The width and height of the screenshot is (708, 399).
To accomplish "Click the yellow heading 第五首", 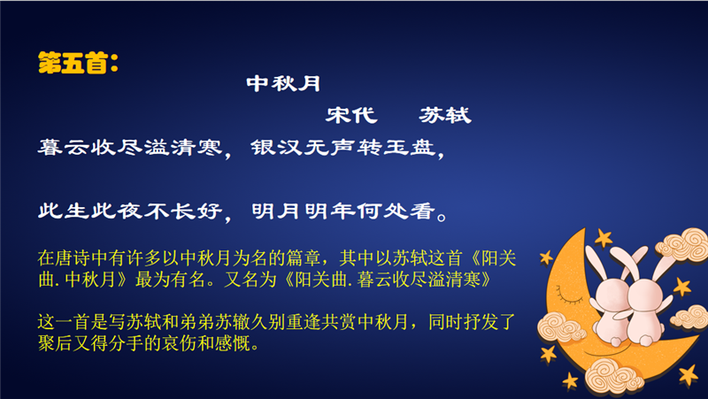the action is pyautogui.click(x=73, y=63).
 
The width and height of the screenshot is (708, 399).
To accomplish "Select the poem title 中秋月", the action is pyautogui.click(x=283, y=84).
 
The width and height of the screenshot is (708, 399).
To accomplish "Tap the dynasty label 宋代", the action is pyautogui.click(x=351, y=115).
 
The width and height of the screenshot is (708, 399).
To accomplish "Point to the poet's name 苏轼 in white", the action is pyautogui.click(x=445, y=115).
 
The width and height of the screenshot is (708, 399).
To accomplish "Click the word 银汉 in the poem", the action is pyautogui.click(x=276, y=148).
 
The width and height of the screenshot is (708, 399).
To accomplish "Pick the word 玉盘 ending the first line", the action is pyautogui.click(x=410, y=148).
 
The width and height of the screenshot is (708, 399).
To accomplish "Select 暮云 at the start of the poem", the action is pyautogui.click(x=64, y=148).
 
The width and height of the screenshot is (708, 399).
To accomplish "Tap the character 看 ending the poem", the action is pyautogui.click(x=423, y=211).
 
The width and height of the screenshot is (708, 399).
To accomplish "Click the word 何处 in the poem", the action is pyautogui.click(x=383, y=211).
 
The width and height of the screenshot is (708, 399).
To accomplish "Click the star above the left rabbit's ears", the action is pyautogui.click(x=604, y=237).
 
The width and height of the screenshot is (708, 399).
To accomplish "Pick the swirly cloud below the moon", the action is pyautogui.click(x=614, y=375).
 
